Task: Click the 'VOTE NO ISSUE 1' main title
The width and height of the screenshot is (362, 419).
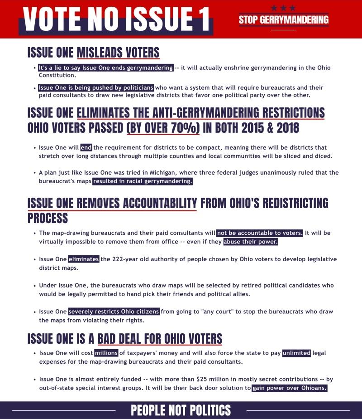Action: point(116,19)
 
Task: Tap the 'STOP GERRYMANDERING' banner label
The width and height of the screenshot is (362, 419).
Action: point(284,19)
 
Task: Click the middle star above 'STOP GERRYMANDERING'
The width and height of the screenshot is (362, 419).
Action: point(284,8)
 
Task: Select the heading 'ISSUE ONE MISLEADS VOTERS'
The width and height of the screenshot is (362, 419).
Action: point(93,53)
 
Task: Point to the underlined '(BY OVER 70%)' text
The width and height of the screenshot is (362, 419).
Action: point(163,127)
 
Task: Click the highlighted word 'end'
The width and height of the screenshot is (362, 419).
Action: point(86,148)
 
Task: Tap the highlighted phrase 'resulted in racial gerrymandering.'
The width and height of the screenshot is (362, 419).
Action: point(143,181)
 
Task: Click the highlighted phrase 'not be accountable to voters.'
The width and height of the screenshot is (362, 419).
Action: point(260,233)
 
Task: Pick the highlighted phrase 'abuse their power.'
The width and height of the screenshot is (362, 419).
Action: point(250,242)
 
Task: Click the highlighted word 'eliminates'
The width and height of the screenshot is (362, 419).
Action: point(84,259)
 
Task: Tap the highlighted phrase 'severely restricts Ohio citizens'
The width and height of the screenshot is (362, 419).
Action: point(114,312)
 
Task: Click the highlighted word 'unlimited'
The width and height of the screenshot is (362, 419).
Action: point(296,353)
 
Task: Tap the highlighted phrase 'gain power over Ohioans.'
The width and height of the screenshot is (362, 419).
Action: point(289,388)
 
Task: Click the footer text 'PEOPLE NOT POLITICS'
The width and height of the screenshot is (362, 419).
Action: point(181,410)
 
